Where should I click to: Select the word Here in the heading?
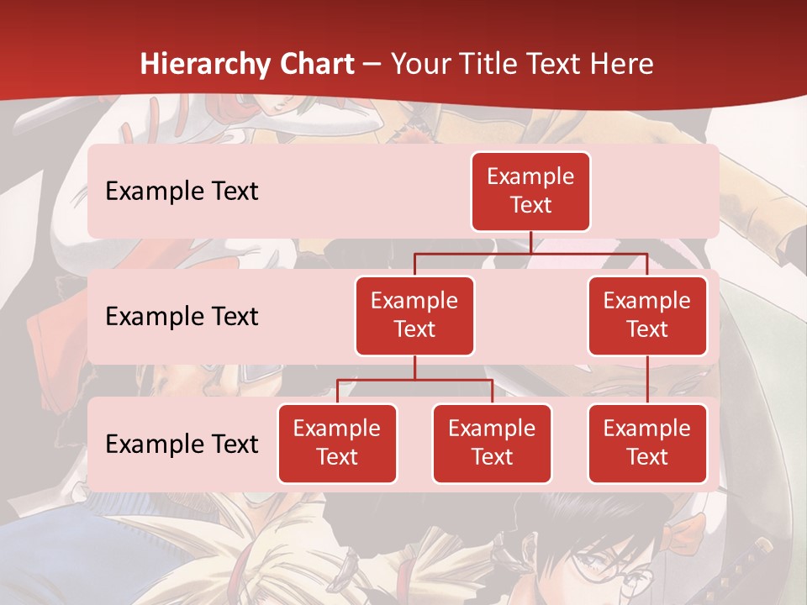click(622, 64)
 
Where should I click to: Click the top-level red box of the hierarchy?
click(530, 191)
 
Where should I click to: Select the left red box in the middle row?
click(414, 315)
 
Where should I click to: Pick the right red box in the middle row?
click(647, 315)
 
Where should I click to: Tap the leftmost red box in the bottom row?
click(337, 443)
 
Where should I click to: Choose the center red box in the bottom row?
click(492, 443)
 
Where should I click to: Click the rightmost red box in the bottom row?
click(647, 443)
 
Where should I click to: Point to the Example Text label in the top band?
click(182, 191)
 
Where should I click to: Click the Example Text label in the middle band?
click(182, 316)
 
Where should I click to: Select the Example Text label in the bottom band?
click(182, 444)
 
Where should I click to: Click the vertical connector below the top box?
click(530, 242)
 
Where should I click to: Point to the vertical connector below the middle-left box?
click(414, 367)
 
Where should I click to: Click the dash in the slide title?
click(372, 65)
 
